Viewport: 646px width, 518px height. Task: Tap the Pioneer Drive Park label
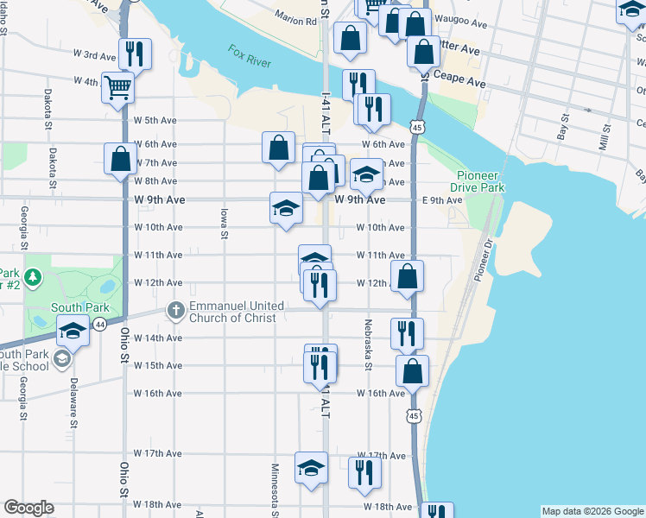[x=481, y=181]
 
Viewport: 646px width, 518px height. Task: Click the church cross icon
[x=175, y=311]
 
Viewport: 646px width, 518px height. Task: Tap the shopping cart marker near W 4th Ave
[x=117, y=85]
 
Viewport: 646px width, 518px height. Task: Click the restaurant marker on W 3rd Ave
[x=135, y=54]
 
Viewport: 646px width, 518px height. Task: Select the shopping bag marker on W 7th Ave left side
[x=120, y=159]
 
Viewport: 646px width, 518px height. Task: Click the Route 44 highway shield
[x=100, y=324]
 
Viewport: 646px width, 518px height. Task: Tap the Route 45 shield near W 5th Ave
[x=417, y=127]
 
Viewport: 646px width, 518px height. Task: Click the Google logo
[x=28, y=508]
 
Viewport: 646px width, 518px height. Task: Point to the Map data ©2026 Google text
[x=592, y=511]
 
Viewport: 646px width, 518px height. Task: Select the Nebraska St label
[x=368, y=344]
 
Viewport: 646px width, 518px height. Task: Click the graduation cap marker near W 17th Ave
[x=311, y=468]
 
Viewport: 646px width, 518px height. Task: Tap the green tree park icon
[x=33, y=278]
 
